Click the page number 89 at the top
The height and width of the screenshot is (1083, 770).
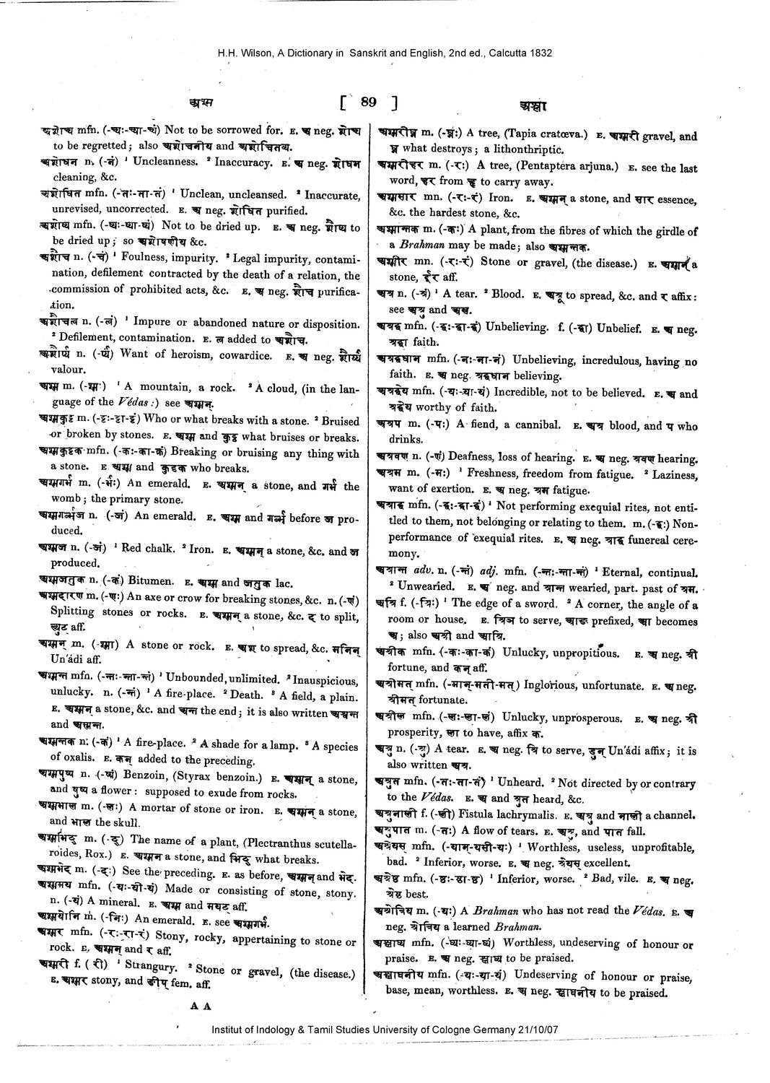point(368,103)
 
